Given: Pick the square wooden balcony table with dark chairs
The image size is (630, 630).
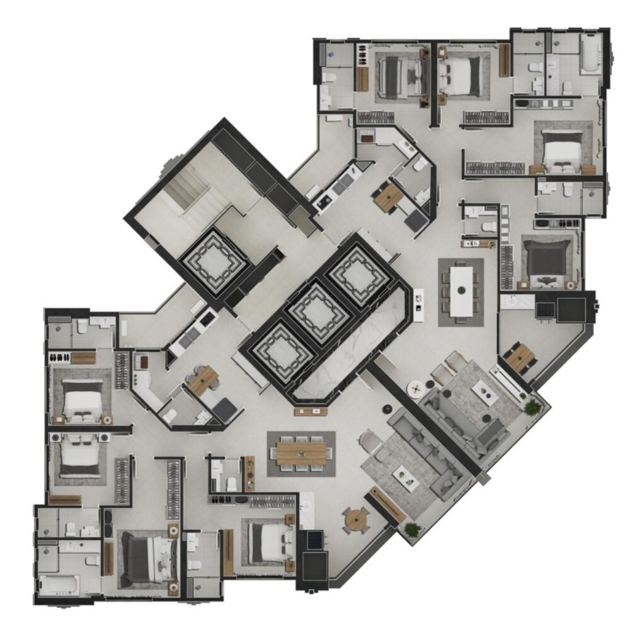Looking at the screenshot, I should pyautogui.click(x=521, y=358).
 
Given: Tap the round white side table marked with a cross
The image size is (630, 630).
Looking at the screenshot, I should pyautogui.click(x=416, y=389).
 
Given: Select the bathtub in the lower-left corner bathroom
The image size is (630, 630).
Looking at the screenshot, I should pyautogui.click(x=59, y=585).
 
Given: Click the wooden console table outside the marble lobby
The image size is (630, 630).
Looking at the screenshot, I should pyautogui.click(x=311, y=411).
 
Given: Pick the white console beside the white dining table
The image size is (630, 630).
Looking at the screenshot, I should pyautogui.click(x=418, y=301).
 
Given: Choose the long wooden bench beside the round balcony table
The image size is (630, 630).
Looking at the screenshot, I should pyautogui.click(x=385, y=505).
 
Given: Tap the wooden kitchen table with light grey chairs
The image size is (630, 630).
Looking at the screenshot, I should pyautogui.click(x=203, y=381).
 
